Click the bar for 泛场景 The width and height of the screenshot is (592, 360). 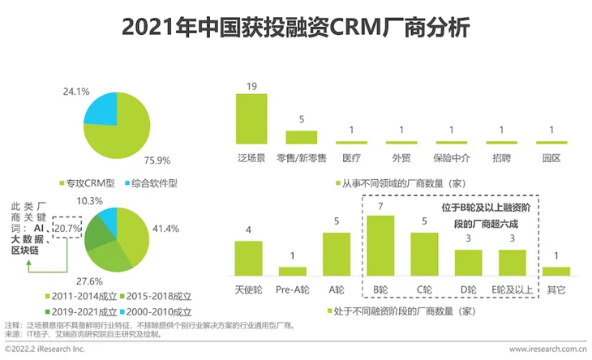[251, 118]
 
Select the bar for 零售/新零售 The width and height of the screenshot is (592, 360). [302, 137]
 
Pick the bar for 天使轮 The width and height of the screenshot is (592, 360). [248, 259]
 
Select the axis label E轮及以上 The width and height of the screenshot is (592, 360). [512, 289]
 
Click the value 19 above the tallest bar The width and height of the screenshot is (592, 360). [251, 85]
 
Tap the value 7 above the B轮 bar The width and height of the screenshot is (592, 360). [380, 207]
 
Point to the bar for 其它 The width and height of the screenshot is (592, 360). [556, 272]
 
